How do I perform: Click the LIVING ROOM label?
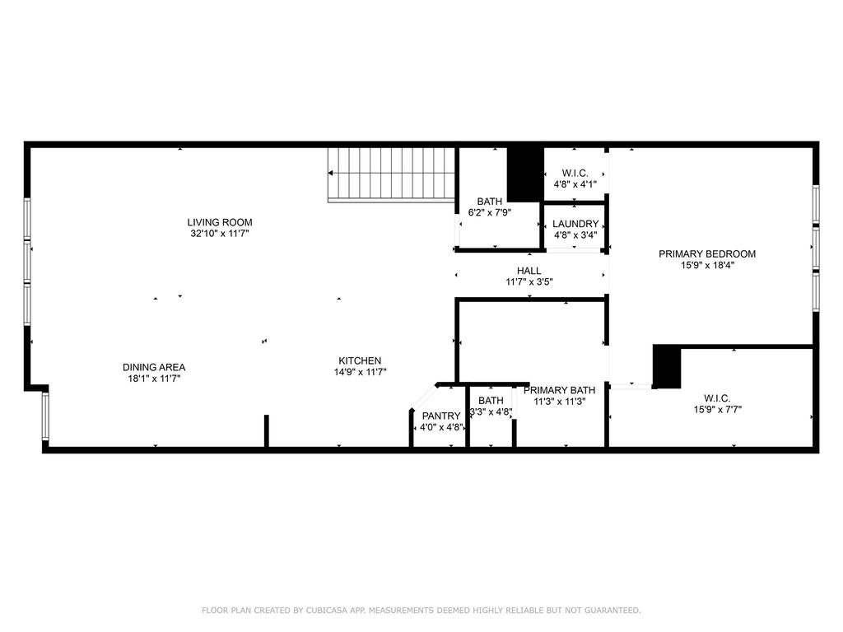click(219, 222)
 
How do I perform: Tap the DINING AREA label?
click(154, 367)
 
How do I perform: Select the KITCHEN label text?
click(360, 360)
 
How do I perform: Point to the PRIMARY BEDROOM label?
click(707, 253)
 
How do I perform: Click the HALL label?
click(529, 271)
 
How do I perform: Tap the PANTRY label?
click(441, 416)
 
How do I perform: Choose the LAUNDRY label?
click(575, 224)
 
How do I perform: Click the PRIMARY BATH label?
click(559, 390)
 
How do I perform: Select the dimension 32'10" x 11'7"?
click(219, 233)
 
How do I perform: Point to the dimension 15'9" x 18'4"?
click(707, 265)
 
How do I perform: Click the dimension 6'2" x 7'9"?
click(489, 212)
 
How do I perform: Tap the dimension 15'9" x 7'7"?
click(717, 410)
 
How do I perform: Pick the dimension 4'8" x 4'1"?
click(575, 184)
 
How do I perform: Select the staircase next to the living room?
click(391, 175)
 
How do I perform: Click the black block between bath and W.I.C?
click(525, 174)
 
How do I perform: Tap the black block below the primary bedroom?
click(667, 366)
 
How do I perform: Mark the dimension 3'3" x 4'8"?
click(491, 412)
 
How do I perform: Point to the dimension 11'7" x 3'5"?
click(529, 281)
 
